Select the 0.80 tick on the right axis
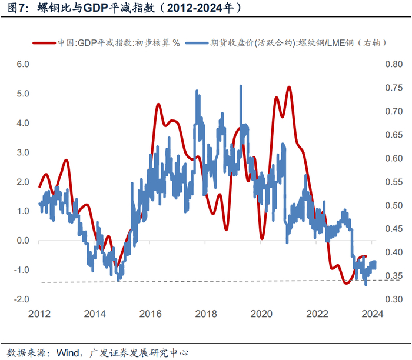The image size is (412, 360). [394, 64]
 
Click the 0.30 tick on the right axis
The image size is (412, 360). [394, 299]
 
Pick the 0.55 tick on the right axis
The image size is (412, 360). [394, 182]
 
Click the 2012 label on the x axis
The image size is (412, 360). [39, 314]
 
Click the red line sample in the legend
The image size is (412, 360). [45, 43]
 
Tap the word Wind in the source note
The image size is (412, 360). [68, 352]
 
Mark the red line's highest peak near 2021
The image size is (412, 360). [289, 87]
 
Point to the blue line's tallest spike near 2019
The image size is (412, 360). [241, 86]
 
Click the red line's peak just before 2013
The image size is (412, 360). [66, 160]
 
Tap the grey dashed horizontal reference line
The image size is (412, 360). [177, 282]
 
